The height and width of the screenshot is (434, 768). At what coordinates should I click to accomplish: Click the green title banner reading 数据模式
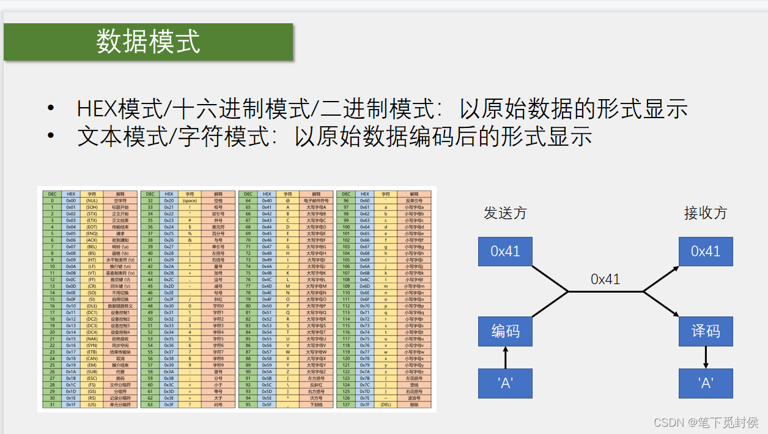click(x=148, y=42)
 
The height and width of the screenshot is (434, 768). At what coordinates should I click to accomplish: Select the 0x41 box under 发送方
click(x=505, y=251)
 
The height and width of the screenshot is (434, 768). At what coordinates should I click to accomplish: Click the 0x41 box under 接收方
click(x=705, y=251)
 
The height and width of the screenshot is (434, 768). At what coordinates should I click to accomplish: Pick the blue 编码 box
click(x=505, y=331)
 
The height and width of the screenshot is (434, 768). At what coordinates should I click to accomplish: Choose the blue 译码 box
click(x=705, y=331)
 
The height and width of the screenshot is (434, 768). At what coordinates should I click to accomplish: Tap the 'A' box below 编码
click(x=505, y=383)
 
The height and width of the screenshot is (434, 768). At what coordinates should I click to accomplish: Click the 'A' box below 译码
click(x=705, y=383)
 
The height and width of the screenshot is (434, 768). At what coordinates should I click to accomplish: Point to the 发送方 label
click(x=505, y=213)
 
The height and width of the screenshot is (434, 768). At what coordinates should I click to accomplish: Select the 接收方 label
click(x=705, y=213)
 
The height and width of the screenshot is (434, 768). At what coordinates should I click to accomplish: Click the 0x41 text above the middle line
click(x=605, y=279)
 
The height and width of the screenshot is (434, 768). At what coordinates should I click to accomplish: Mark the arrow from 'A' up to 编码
click(x=505, y=357)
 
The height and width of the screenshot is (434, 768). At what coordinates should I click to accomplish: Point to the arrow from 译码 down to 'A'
click(x=705, y=357)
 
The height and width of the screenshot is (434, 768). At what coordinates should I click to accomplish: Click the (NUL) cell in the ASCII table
click(x=92, y=200)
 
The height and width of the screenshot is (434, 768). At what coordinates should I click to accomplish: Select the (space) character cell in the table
click(x=190, y=200)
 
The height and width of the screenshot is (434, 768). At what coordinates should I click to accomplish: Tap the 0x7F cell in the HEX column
click(x=364, y=405)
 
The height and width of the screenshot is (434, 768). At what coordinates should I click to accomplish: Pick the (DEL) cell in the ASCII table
click(x=385, y=405)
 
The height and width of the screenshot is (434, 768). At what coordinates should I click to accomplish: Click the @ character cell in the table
click(x=287, y=200)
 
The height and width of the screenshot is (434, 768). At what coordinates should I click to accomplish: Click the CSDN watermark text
click(x=706, y=422)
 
